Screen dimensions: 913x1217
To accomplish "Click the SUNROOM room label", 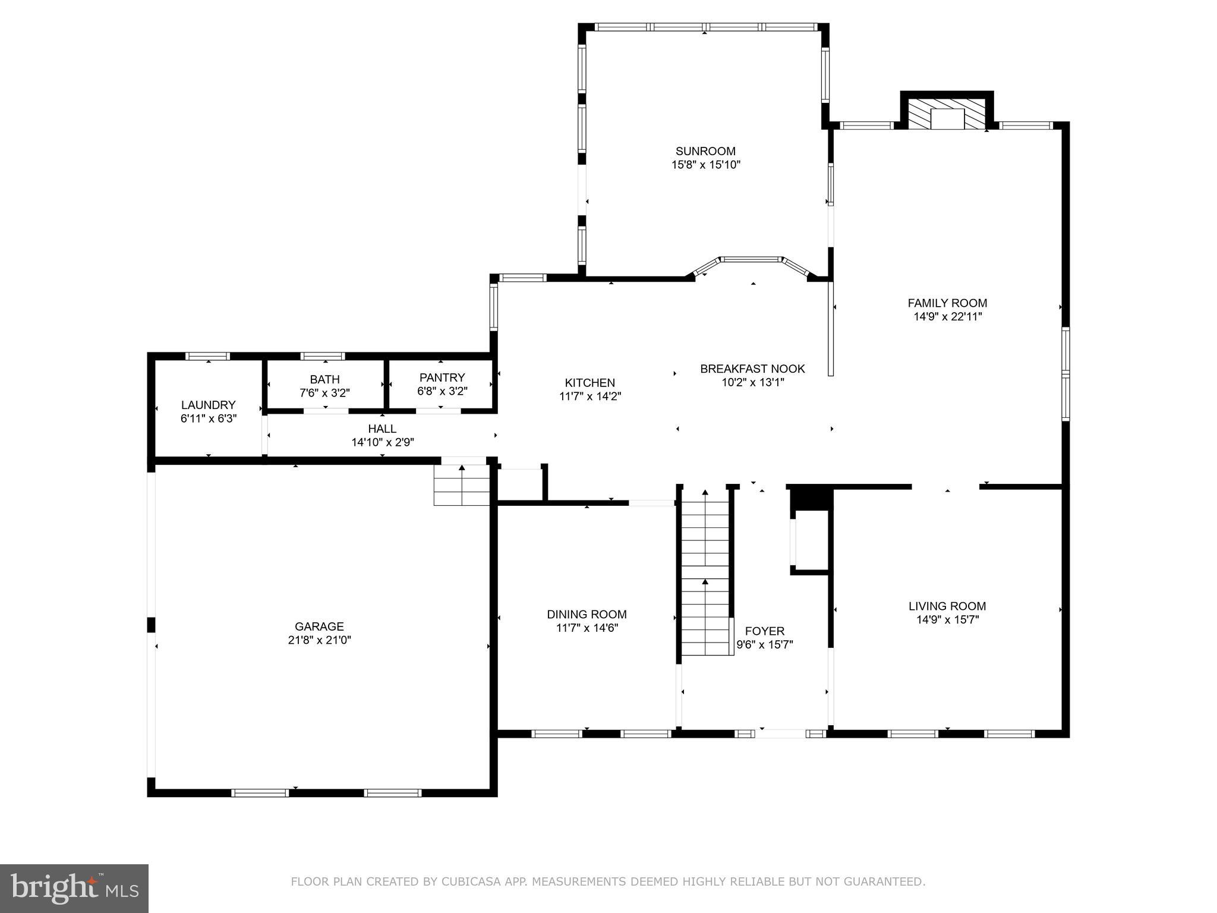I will [x=705, y=151].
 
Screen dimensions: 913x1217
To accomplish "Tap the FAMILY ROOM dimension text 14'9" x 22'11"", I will [x=947, y=317].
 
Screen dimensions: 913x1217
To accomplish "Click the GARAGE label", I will [x=319, y=626].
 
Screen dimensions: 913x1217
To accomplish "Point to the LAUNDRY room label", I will [x=208, y=405].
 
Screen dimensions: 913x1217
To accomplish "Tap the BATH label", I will [x=324, y=379].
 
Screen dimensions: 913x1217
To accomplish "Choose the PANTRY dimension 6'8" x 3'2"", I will [x=442, y=392].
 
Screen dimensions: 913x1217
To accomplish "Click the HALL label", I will [x=382, y=429].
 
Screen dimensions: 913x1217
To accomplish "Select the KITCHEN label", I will [x=589, y=383].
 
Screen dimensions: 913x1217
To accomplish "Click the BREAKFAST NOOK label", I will [x=752, y=369].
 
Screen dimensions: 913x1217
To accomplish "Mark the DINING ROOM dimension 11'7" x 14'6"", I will [x=587, y=628].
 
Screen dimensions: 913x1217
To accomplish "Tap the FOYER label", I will [x=764, y=631].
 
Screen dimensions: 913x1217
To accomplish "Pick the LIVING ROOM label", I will [x=947, y=606].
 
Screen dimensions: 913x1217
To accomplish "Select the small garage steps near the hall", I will [x=461, y=485].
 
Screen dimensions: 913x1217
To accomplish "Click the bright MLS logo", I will [x=74, y=889].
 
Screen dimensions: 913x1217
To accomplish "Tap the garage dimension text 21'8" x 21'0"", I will [x=319, y=640].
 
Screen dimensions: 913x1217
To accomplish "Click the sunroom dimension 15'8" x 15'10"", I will [x=705, y=165].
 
